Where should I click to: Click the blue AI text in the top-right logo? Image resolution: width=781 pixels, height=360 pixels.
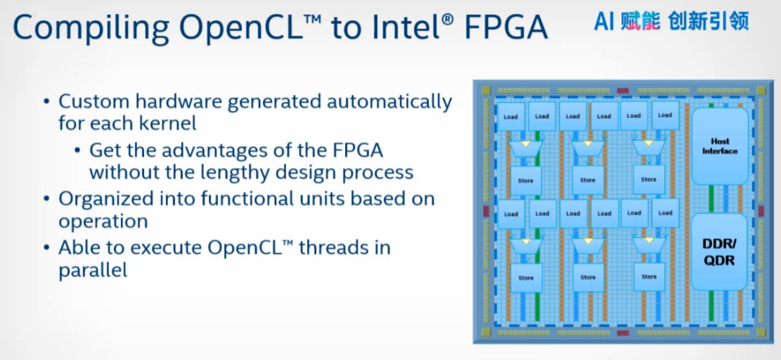605,21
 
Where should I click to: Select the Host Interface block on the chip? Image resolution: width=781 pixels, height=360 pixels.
719,146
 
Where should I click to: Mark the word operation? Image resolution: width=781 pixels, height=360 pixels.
103,221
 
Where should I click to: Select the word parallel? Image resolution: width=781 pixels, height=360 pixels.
93,271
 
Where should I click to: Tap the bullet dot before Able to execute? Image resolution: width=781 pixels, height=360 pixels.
47,248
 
